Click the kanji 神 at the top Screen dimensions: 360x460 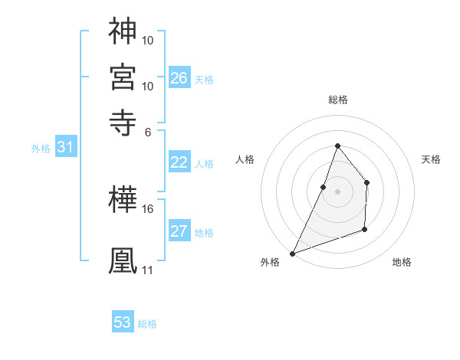[123, 31]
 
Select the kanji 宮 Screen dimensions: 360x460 [123, 76]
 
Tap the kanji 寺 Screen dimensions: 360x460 [123, 121]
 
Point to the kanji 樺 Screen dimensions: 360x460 [123, 201]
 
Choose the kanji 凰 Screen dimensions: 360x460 [123, 259]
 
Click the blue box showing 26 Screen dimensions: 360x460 [179, 78]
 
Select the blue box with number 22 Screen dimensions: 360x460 [179, 162]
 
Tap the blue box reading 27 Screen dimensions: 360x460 [179, 232]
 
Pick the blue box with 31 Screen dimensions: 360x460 [65, 148]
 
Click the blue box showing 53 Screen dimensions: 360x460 [123, 322]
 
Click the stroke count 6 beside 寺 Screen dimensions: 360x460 [148, 131]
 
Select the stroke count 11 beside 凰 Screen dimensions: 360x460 [148, 270]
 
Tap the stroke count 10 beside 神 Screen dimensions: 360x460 [148, 40]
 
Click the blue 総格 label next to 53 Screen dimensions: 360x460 [148, 324]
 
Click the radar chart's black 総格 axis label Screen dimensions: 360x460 [337, 100]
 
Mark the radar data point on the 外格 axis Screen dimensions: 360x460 [292, 254]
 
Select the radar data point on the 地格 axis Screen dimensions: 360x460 [365, 229]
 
